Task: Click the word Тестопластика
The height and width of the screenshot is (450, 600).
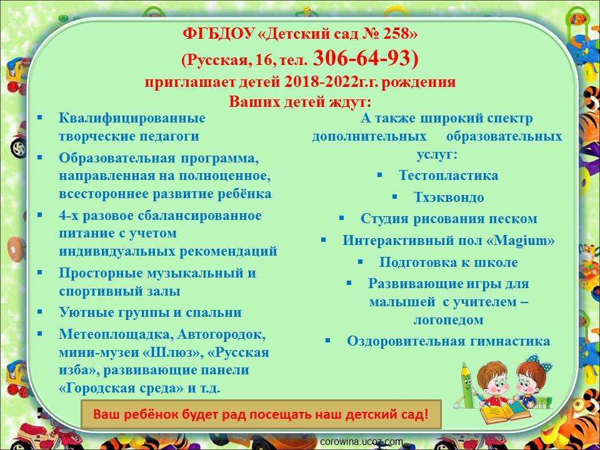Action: click(x=449, y=175)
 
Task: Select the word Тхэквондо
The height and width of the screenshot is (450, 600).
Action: click(x=449, y=197)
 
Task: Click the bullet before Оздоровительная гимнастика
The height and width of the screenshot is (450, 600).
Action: click(x=327, y=340)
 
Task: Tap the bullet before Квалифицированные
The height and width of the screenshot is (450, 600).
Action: click(x=40, y=117)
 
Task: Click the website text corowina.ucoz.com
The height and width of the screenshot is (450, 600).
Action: click(x=361, y=442)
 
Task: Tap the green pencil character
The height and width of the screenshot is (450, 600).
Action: click(x=466, y=386)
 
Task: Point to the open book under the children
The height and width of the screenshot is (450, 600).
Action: click(x=505, y=411)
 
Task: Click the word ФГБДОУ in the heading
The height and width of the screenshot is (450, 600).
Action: click(x=219, y=34)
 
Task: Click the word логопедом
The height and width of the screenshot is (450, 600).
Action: click(x=449, y=320)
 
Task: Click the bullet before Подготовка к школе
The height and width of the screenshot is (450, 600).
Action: click(x=360, y=261)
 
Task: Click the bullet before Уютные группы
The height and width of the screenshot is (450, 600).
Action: click(x=40, y=311)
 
